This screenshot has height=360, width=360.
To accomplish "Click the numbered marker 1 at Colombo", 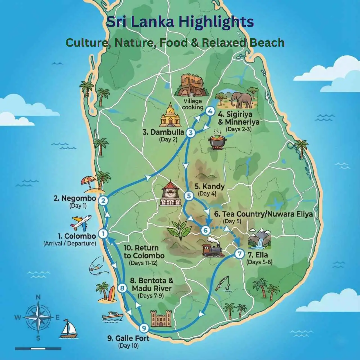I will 103,234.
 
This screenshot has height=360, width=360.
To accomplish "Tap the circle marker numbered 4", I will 210,111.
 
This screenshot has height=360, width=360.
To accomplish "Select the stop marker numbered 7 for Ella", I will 239,254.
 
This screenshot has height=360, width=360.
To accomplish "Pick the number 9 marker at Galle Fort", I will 144,328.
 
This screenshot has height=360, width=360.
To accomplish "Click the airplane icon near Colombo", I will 81,223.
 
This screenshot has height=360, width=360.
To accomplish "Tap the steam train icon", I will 213,248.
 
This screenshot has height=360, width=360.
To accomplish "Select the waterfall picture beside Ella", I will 259,239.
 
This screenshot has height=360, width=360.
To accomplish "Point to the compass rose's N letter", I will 38,297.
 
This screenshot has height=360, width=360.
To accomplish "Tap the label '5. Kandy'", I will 210,186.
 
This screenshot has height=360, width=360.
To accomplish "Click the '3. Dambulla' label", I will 163,132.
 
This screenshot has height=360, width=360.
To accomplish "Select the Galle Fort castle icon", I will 161,318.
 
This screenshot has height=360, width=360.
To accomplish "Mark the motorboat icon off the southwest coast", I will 112,316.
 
